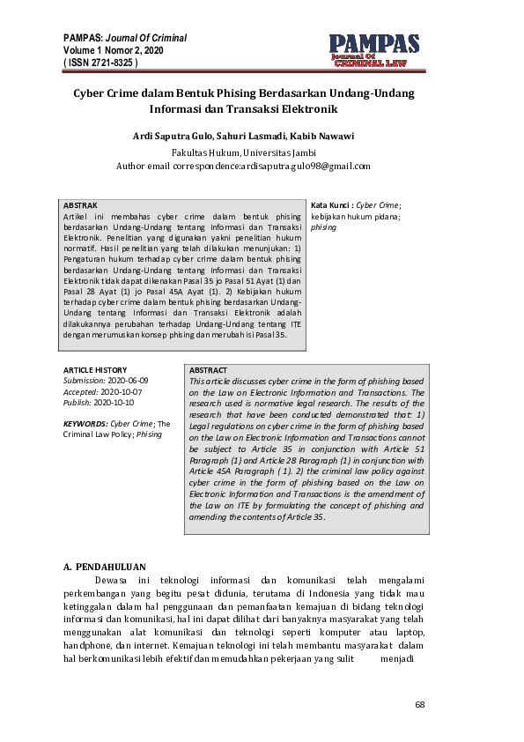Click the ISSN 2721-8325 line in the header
pos(100,64)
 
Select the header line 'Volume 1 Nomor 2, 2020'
pos(113,51)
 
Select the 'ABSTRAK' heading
pos(80,204)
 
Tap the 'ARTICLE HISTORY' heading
pos(95,370)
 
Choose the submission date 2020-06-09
pos(129,381)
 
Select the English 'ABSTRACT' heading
pos(208,370)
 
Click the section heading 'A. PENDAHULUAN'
pos(105,567)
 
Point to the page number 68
pos(420,705)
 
